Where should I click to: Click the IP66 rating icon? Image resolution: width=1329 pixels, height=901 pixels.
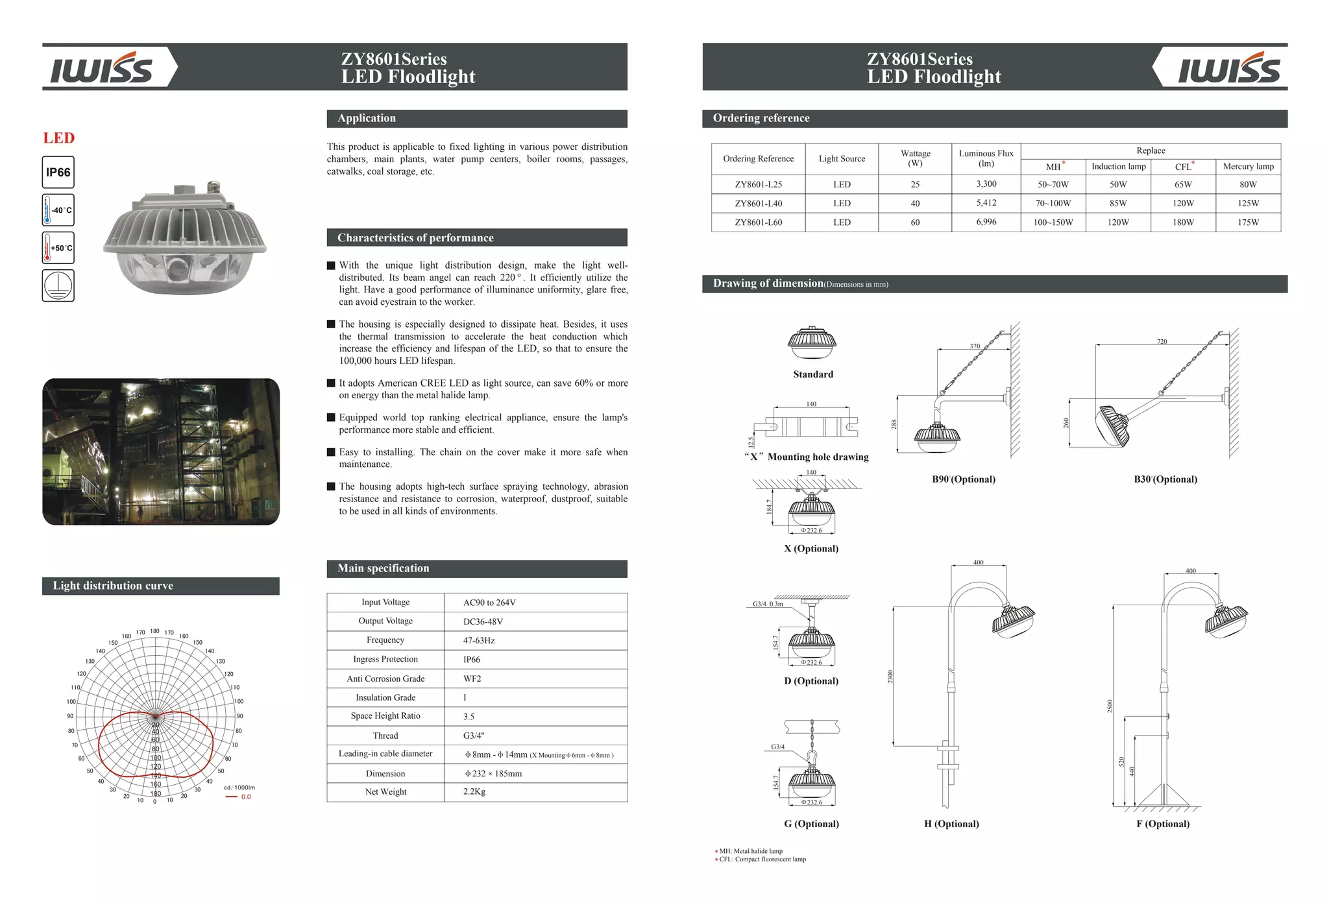tap(58, 173)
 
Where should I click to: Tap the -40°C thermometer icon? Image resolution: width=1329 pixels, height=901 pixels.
tap(58, 210)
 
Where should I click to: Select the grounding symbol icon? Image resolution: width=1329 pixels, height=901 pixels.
tap(58, 285)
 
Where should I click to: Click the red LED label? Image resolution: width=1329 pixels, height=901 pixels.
tap(59, 138)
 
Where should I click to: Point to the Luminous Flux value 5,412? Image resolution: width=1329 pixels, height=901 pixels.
tap(986, 203)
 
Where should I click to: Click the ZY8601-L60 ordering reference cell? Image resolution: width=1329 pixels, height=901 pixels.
tap(758, 222)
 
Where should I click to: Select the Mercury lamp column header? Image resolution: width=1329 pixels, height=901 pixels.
tap(1248, 167)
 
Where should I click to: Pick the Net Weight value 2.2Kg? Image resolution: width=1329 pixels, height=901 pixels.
tap(474, 792)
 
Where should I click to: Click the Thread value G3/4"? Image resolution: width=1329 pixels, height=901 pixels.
tap(474, 736)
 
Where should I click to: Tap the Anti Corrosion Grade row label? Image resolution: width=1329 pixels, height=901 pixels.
tap(385, 679)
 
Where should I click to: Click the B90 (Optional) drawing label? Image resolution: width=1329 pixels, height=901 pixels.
tap(963, 479)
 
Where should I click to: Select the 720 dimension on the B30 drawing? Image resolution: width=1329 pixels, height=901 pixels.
tap(1162, 341)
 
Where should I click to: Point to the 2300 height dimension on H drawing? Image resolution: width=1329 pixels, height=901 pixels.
tap(890, 677)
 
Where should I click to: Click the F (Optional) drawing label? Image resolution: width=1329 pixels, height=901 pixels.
tap(1163, 824)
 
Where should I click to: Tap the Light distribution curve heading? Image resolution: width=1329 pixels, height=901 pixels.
tap(113, 586)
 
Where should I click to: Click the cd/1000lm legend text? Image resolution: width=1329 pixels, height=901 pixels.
tap(239, 787)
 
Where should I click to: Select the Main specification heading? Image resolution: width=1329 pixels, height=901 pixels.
tap(384, 568)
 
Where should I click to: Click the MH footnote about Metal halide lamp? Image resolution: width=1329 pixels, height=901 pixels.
tap(751, 851)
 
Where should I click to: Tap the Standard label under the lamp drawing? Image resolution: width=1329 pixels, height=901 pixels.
tap(812, 374)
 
